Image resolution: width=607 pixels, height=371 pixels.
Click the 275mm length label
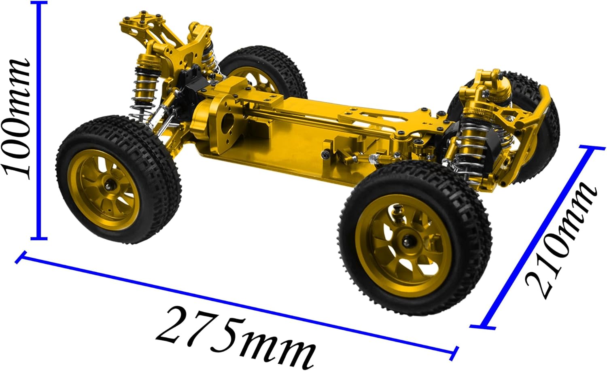pyautogui.click(x=235, y=338)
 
